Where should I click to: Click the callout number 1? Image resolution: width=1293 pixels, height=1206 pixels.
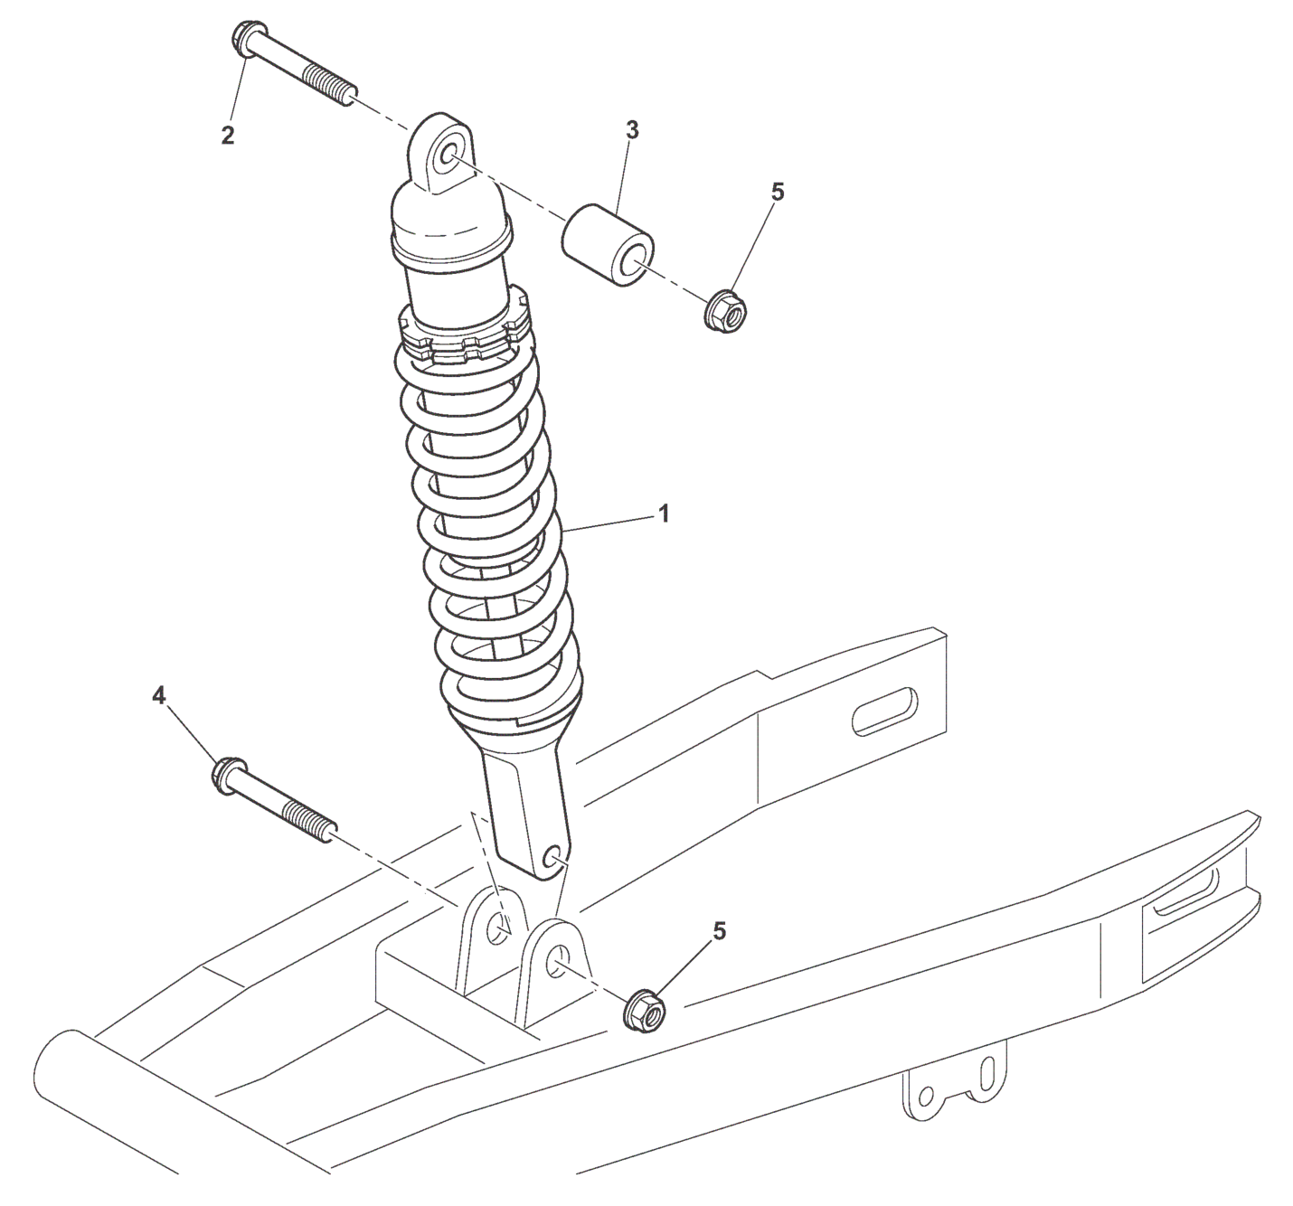pos(663,513)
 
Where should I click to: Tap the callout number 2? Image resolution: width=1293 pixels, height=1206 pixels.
pos(228,136)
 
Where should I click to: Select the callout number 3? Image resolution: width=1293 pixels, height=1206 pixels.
pos(632,130)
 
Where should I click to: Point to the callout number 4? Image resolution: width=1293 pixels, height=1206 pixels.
pos(159,695)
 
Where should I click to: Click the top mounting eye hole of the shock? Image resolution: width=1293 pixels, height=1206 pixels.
pos(445,159)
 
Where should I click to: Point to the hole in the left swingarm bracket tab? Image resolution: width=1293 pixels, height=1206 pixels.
pos(496,929)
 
